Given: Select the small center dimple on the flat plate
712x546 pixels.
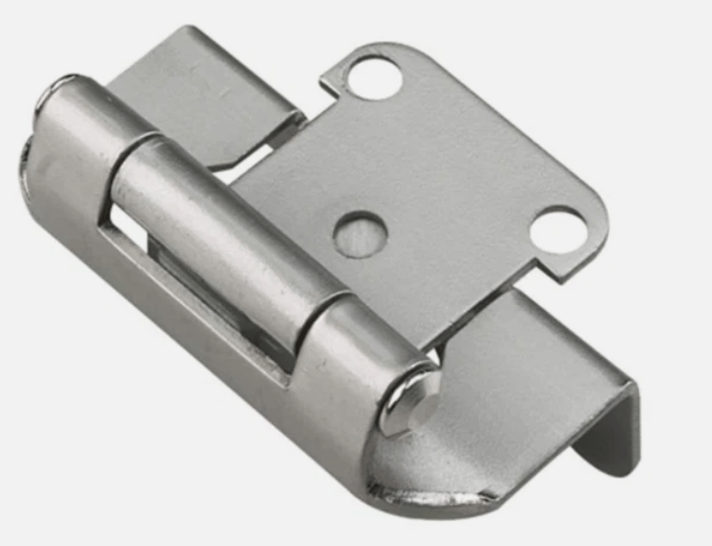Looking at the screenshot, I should [x=357, y=234].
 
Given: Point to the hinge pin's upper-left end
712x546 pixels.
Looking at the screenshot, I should [x=49, y=98].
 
